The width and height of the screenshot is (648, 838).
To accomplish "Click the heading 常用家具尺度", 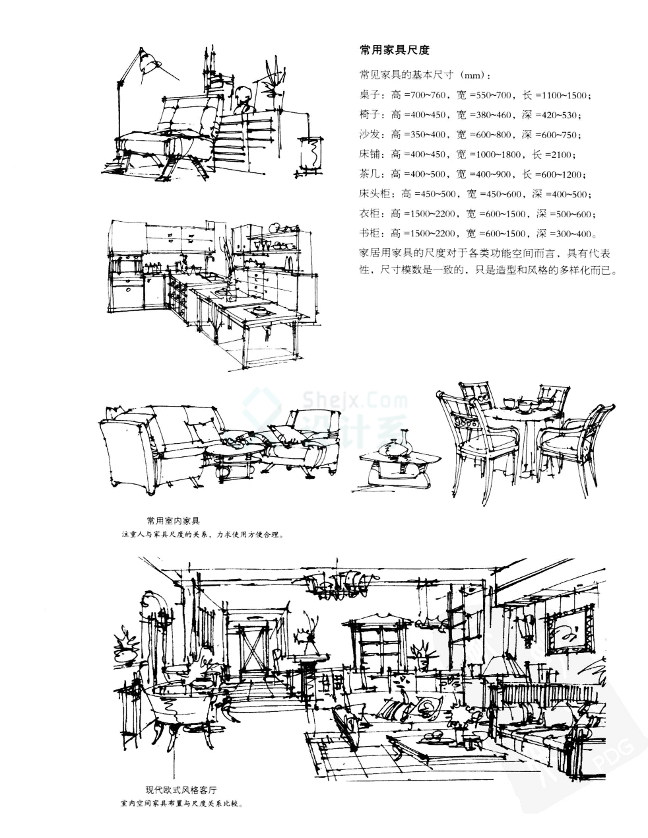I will [x=394, y=50].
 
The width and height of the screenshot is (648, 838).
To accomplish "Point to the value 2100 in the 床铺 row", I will [x=562, y=155].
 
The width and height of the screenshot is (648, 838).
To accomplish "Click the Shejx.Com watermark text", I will [x=356, y=400].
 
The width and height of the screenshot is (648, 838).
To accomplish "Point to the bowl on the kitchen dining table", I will [x=259, y=309].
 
